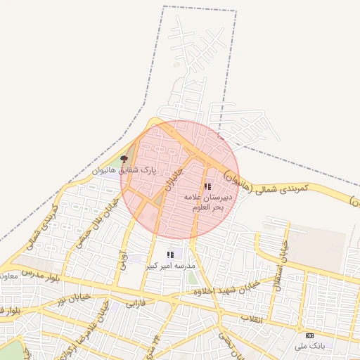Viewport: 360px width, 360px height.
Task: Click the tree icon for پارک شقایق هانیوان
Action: [125, 160]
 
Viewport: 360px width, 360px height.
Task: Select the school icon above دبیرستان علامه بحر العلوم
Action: [207, 186]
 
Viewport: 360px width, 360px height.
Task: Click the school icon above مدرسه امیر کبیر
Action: [169, 255]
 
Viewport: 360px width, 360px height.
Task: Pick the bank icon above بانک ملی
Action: [309, 335]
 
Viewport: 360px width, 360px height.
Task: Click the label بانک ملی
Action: [311, 346]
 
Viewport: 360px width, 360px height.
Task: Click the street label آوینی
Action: [123, 263]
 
